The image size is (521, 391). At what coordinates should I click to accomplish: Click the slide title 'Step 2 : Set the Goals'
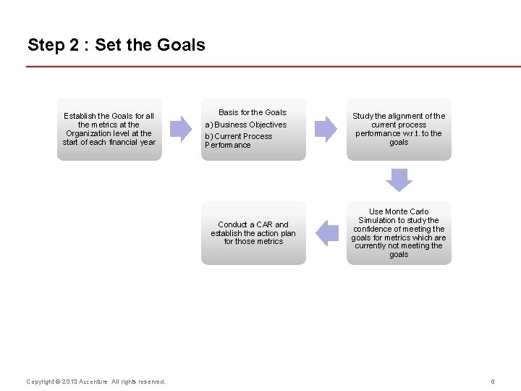[117, 45]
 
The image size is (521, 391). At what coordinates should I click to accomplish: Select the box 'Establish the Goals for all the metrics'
[109, 129]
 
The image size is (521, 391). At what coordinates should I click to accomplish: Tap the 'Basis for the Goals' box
[253, 129]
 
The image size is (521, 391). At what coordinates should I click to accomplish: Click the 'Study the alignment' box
[399, 129]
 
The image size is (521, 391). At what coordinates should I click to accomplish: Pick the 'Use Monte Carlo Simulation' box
[399, 233]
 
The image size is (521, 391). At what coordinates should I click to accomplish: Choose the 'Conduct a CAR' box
[253, 233]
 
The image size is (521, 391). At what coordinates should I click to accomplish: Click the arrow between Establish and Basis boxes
[180, 129]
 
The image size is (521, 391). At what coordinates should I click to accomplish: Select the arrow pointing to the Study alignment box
[326, 129]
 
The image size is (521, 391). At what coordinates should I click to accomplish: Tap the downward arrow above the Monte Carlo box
[399, 180]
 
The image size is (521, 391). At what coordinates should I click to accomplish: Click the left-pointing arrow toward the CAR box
[327, 232]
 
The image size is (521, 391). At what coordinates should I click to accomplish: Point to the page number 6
[493, 382]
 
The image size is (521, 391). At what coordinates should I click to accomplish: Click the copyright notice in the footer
[96, 382]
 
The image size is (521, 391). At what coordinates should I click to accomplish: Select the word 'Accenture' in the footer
[93, 382]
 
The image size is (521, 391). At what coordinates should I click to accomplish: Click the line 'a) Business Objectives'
[246, 125]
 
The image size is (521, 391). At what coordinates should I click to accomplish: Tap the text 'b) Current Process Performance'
[239, 140]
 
